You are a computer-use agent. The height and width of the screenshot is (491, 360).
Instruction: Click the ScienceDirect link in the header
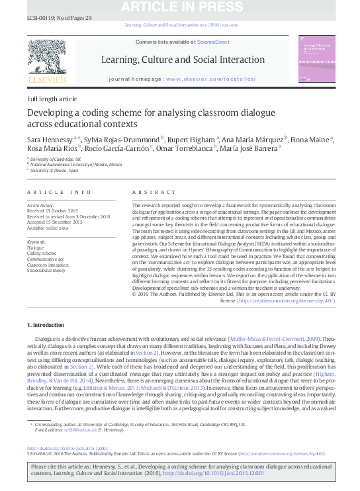tap(214, 42)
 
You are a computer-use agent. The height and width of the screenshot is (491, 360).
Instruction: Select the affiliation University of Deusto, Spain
tap(56, 171)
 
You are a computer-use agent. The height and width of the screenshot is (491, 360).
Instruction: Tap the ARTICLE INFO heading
tap(59, 192)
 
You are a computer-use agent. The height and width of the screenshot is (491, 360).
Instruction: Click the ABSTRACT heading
tap(152, 192)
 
